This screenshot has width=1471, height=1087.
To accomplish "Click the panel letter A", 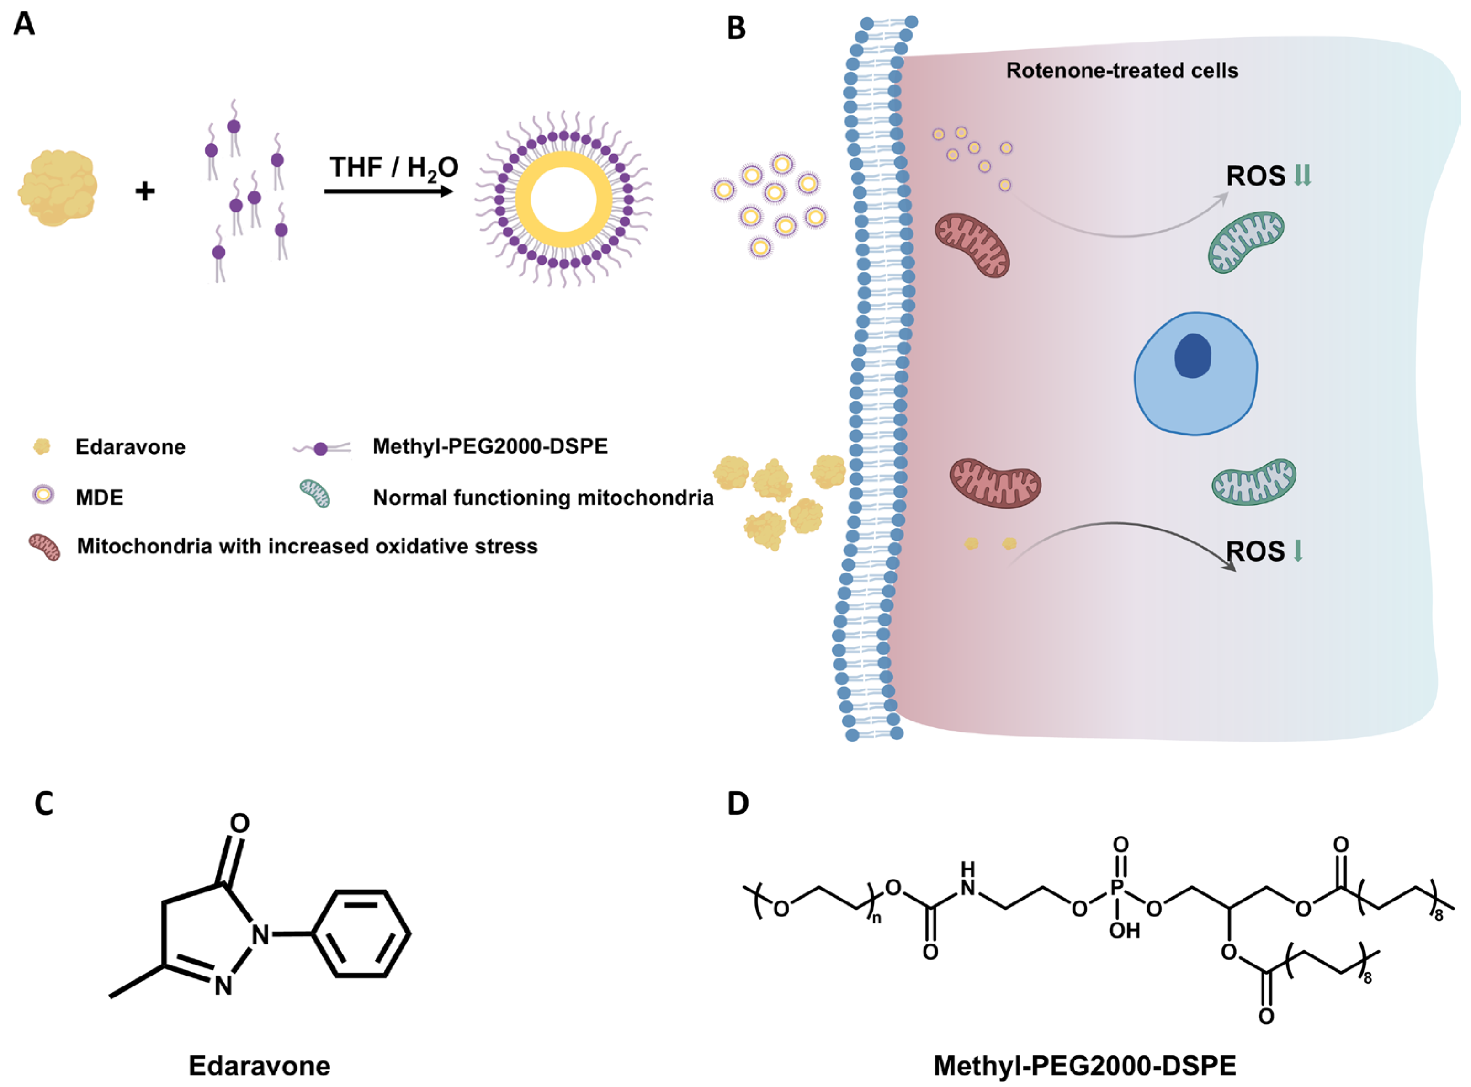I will [x=24, y=24].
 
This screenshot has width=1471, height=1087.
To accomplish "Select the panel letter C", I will [x=43, y=803].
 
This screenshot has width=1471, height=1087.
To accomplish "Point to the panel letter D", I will [x=738, y=803].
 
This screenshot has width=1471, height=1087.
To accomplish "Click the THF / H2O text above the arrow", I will [x=393, y=169].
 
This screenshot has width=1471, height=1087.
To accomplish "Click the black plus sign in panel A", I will [x=145, y=191].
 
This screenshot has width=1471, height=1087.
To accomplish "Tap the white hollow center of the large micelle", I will [x=563, y=199].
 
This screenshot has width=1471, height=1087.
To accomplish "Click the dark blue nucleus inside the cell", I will [x=1193, y=356].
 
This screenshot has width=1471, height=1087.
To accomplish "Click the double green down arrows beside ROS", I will [x=1302, y=175].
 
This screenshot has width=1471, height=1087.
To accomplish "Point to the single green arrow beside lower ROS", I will [x=1298, y=551].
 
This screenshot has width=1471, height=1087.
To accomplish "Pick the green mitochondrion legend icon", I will [x=314, y=493].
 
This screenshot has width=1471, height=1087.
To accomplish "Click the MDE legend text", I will [x=99, y=498].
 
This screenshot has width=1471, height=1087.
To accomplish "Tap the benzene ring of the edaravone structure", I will [x=361, y=933].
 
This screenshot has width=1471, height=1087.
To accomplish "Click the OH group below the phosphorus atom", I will [x=1124, y=930].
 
